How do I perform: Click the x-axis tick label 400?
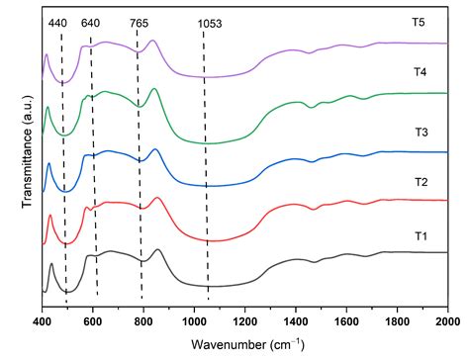pyautogui.click(x=42, y=322)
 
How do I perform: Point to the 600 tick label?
pyautogui.click(x=92, y=322)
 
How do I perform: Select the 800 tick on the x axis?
pyautogui.click(x=143, y=322)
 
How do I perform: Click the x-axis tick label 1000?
pyautogui.click(x=194, y=322)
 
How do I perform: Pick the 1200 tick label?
pyautogui.click(x=244, y=322)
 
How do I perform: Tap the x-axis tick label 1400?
pyautogui.click(x=295, y=322)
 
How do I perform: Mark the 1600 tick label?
pyautogui.click(x=346, y=322)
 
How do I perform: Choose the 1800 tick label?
pyautogui.click(x=397, y=322)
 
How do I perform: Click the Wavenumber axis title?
pyautogui.click(x=243, y=345)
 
